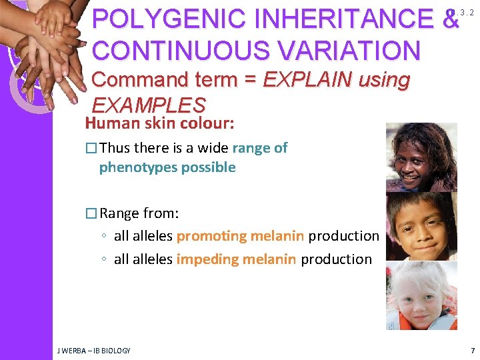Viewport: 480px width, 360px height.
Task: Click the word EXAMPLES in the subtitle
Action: tap(148, 105)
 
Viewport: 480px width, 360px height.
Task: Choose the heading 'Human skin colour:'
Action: tap(159, 123)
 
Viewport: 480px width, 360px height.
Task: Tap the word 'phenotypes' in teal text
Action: tap(133, 167)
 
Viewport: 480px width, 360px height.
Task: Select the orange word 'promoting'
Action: tap(211, 236)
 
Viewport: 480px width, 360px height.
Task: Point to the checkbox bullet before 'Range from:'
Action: tap(91, 214)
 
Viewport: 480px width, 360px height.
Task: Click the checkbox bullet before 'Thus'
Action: tap(91, 149)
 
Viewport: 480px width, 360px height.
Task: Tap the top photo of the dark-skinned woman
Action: tap(422, 157)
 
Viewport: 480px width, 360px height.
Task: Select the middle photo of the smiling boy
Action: tap(422, 227)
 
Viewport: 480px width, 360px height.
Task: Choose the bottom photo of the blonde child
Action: tap(422, 295)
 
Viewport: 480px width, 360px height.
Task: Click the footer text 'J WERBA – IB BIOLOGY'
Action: tap(93, 350)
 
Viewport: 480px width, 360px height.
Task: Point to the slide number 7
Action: tap(472, 350)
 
